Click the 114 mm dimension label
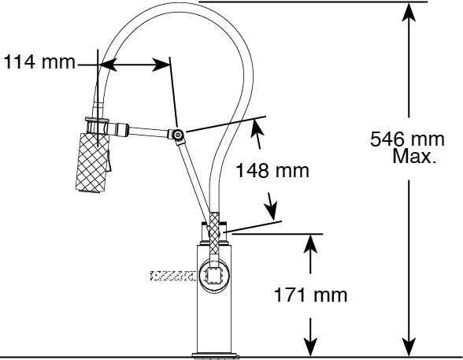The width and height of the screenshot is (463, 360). point(39,61)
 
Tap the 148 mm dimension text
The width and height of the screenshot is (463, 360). point(272,170)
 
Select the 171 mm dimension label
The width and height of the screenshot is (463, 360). point(310,295)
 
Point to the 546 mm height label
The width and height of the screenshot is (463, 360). point(407,139)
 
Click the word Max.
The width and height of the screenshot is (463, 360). point(414,156)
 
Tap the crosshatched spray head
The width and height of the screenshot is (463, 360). point(92,163)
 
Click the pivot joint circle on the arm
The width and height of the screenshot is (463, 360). point(178,135)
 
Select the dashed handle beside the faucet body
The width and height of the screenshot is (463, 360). point(173,276)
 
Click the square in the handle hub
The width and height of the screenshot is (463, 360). point(214,276)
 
